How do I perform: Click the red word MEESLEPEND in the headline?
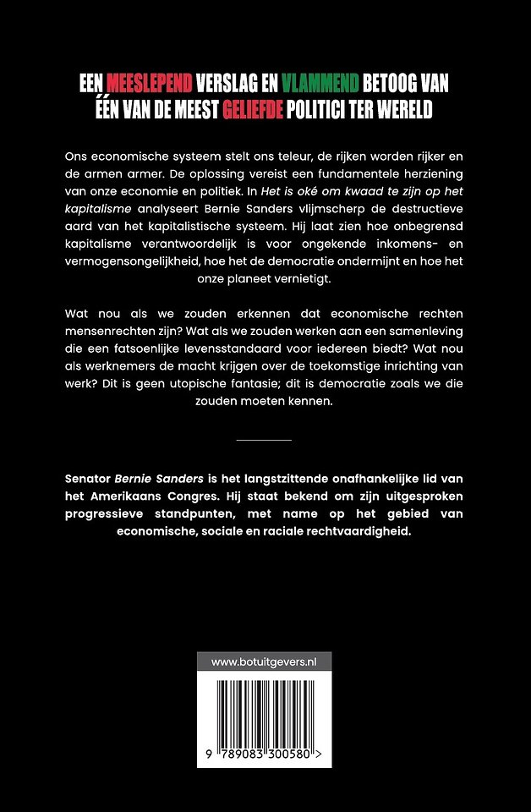coord(149,83)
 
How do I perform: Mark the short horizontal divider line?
coord(264,440)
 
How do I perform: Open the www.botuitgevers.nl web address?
coord(264,662)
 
